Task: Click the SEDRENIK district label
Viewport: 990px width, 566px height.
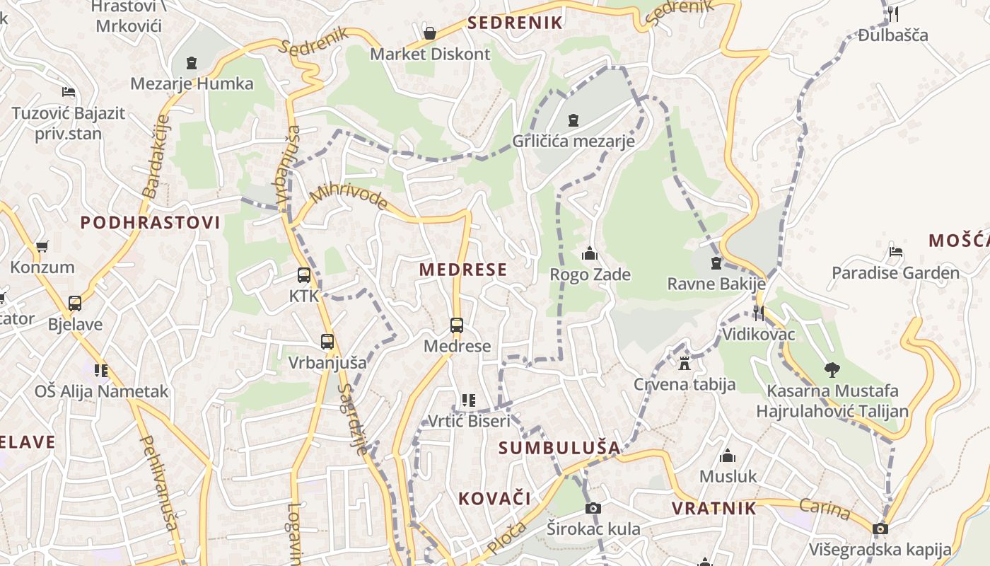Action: (515, 23)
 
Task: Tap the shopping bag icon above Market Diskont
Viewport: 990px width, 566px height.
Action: (429, 33)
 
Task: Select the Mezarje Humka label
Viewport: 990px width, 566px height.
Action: (192, 83)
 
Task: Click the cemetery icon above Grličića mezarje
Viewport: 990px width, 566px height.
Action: (573, 120)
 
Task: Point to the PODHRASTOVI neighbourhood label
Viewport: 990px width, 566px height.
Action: (150, 223)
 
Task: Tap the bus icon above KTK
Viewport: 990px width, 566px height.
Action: (304, 275)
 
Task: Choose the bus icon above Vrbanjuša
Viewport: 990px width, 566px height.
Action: (327, 342)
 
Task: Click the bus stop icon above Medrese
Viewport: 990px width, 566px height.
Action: (457, 325)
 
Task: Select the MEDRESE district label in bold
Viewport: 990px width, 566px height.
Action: (463, 270)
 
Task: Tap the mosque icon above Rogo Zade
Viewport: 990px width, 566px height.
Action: (590, 253)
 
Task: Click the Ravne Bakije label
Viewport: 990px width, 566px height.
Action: (716, 284)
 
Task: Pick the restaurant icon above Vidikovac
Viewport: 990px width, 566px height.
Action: (758, 313)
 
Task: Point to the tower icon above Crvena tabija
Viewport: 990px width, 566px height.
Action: (684, 364)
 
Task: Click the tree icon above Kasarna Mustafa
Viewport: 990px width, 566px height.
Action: (832, 369)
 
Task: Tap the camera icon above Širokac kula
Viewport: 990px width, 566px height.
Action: (593, 508)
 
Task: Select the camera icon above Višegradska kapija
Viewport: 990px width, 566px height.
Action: (880, 529)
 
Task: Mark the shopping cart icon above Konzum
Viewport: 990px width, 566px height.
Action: (42, 246)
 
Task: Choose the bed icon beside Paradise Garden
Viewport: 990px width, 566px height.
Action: (895, 252)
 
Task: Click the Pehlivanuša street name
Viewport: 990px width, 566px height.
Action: (158, 483)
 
